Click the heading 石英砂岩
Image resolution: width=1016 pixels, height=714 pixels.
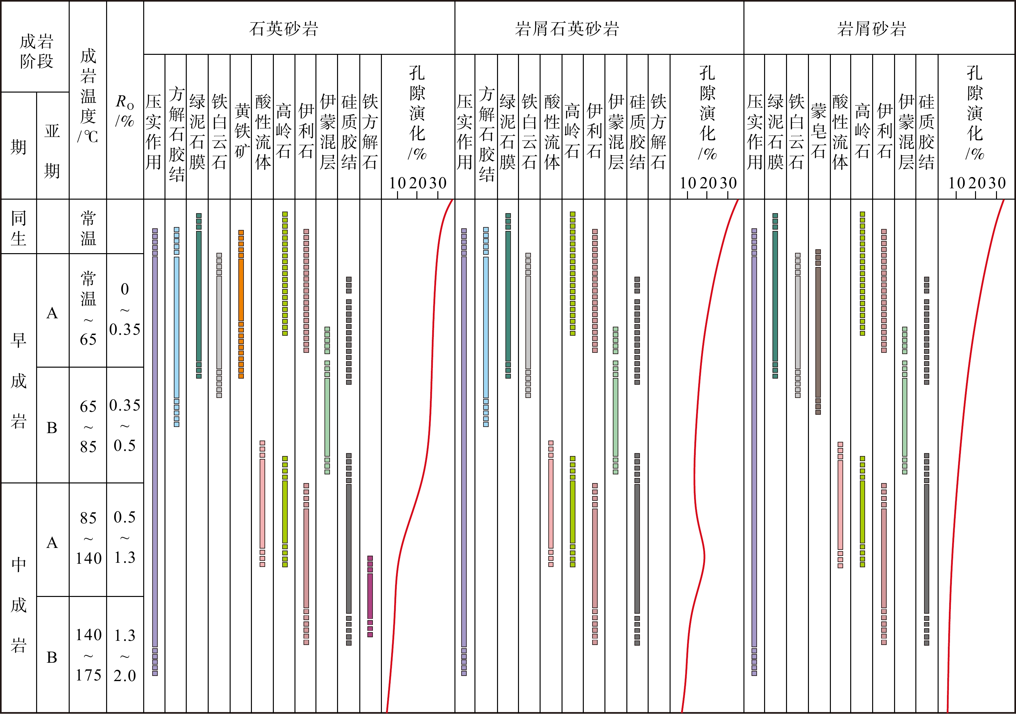(284, 29)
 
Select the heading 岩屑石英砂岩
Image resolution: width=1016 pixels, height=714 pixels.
(567, 29)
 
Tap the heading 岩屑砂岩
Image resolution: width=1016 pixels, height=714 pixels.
(871, 29)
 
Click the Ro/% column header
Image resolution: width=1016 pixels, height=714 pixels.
(125, 111)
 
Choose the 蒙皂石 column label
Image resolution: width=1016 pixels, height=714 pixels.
(818, 131)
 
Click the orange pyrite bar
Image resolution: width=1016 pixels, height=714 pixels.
(241, 305)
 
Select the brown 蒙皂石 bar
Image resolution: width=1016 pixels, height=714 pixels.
(818, 332)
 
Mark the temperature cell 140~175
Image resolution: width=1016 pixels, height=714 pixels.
(88, 655)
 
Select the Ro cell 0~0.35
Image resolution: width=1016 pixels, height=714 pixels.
(125, 309)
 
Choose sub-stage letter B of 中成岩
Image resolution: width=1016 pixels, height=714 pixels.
(52, 657)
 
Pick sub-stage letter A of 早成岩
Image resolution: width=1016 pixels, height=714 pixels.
(52, 313)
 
